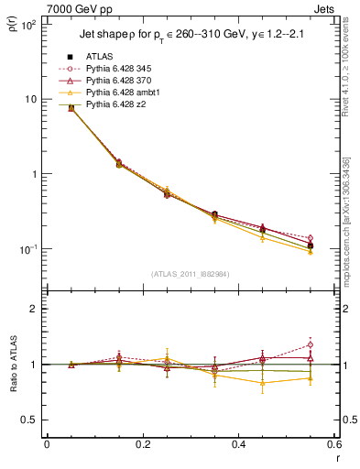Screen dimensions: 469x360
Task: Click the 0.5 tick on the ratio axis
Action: click(x=30, y=420)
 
